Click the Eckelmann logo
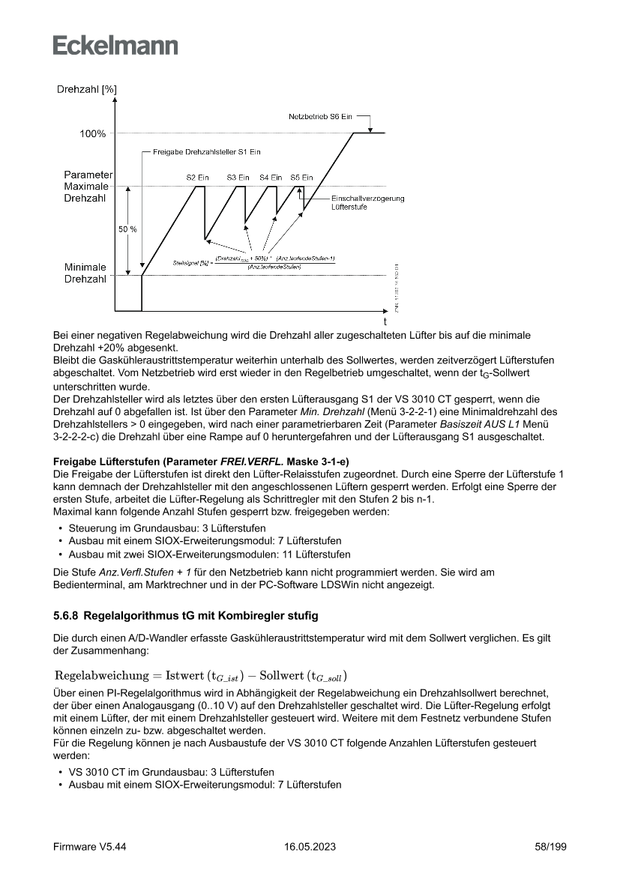(x=115, y=45)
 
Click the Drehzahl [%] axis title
(x=86, y=90)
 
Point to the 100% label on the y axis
(x=93, y=134)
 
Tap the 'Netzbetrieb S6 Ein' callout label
(x=320, y=118)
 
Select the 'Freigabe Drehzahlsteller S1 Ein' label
(x=206, y=152)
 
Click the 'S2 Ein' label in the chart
(x=197, y=178)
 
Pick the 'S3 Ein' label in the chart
(x=238, y=178)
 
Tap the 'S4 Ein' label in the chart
(x=271, y=178)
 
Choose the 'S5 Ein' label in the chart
(x=301, y=178)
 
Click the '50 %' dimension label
(x=127, y=229)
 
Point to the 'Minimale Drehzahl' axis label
(x=85, y=273)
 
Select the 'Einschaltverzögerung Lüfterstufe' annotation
(x=367, y=202)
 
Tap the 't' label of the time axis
(x=385, y=321)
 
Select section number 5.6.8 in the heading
(x=67, y=616)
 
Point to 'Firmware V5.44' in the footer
(x=89, y=846)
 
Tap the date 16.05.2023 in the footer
(x=310, y=846)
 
